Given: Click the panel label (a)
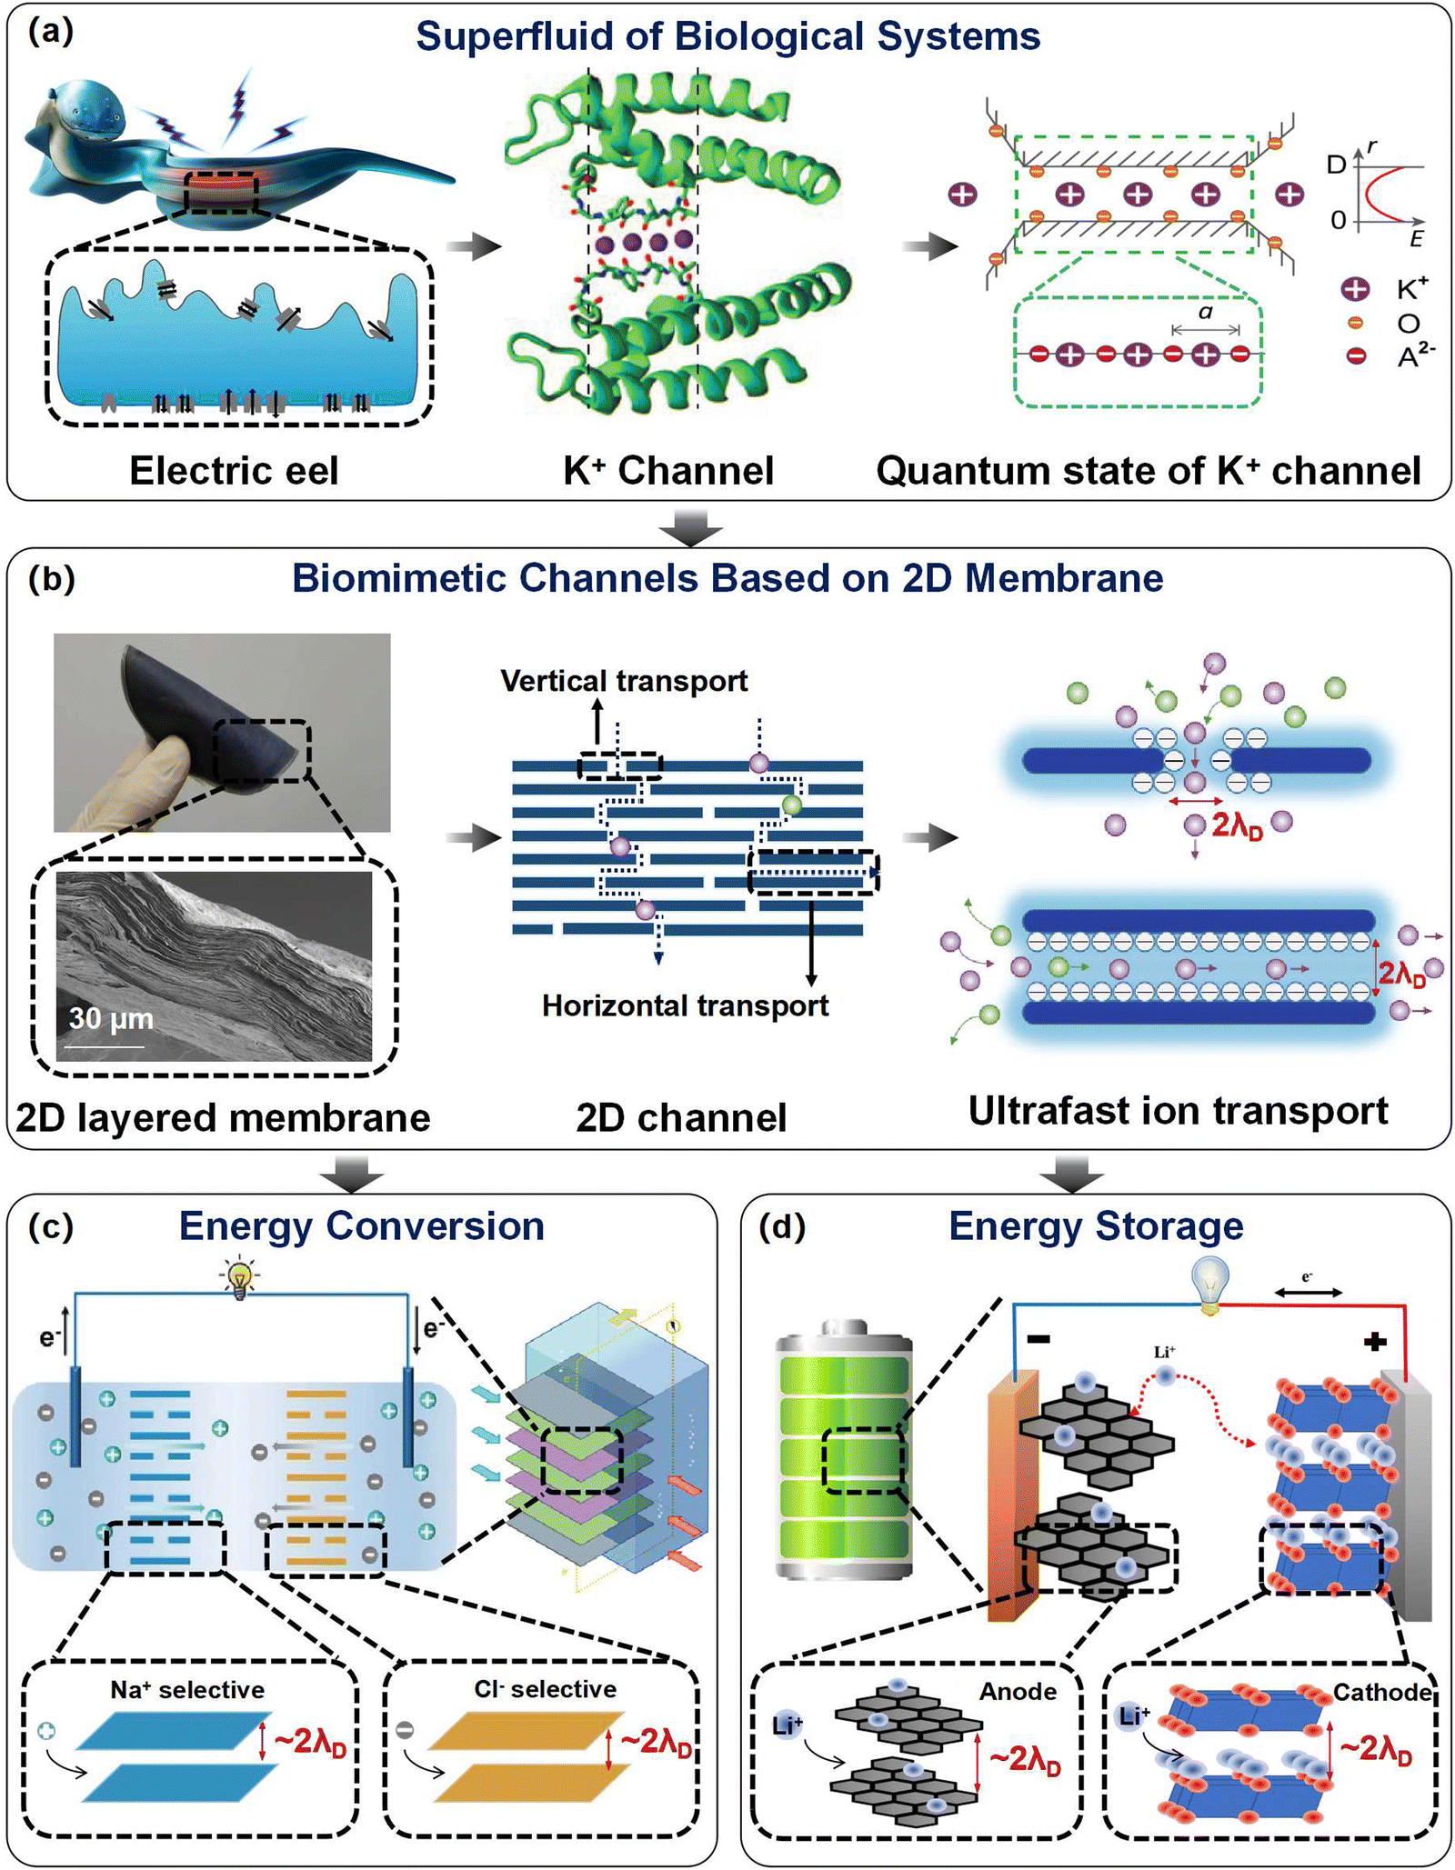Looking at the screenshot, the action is pyautogui.click(x=51, y=33).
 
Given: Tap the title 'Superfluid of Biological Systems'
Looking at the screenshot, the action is pyautogui.click(x=727, y=37).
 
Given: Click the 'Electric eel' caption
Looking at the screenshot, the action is pyautogui.click(x=234, y=471).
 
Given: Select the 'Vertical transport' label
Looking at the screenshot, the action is pyautogui.click(x=624, y=681).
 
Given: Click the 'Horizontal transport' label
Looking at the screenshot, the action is pyautogui.click(x=685, y=1005).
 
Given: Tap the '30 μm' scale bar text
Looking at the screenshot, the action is pyautogui.click(x=111, y=1018).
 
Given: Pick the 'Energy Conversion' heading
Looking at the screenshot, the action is pyautogui.click(x=361, y=1225).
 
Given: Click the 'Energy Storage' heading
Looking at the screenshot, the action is pyautogui.click(x=1096, y=1225).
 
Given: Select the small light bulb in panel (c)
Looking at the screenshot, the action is pyautogui.click(x=239, y=1277).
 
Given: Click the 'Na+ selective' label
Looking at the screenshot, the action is pyautogui.click(x=187, y=1689).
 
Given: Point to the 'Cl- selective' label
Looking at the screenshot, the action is pyautogui.click(x=545, y=1688).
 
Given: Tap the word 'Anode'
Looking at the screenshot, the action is pyautogui.click(x=1018, y=1691).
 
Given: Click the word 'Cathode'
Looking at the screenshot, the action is pyautogui.click(x=1382, y=1692).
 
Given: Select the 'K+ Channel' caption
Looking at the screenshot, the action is pyautogui.click(x=668, y=471).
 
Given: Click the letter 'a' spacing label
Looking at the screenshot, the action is pyautogui.click(x=1205, y=313).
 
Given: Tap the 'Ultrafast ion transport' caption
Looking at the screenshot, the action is pyautogui.click(x=1178, y=1110).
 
